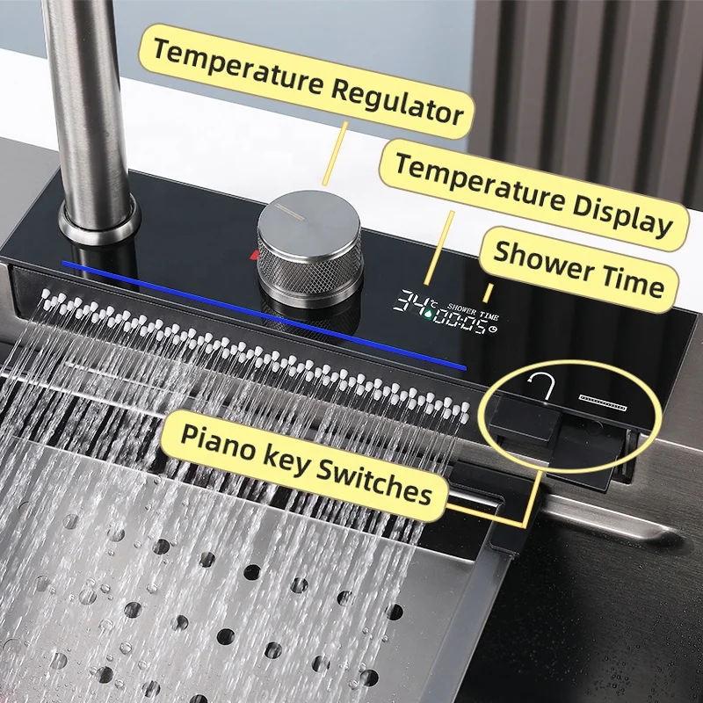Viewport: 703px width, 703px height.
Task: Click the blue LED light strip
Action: (264, 312)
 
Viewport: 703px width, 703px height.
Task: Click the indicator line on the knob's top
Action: (286, 209)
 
